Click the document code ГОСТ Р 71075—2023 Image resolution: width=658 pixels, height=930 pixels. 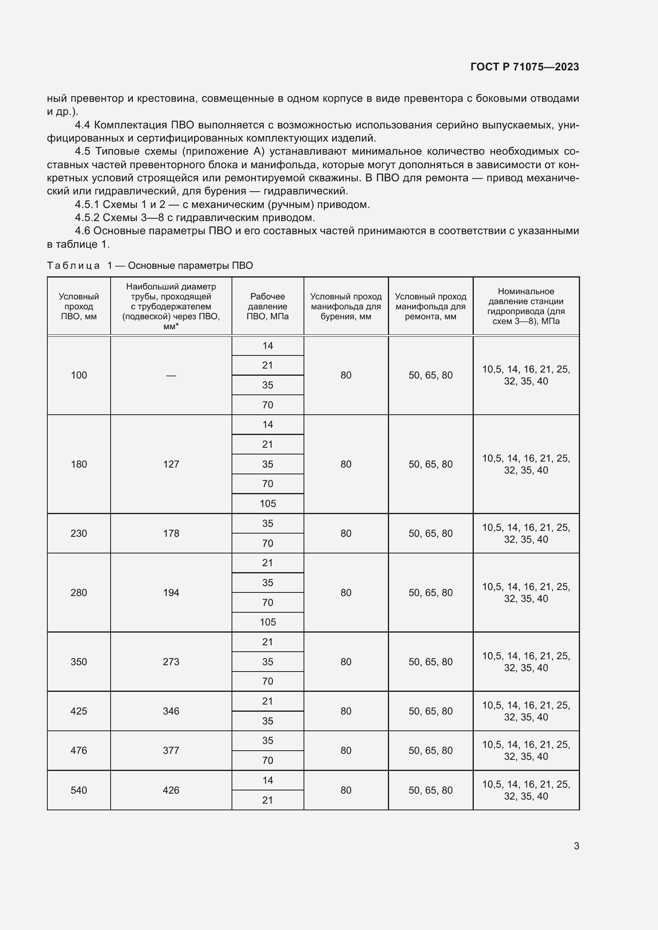[x=524, y=67]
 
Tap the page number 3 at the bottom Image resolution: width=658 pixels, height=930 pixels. [x=576, y=846]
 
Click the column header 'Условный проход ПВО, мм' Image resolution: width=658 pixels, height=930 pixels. [x=79, y=306]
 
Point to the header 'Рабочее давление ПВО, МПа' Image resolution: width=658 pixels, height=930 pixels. [x=267, y=306]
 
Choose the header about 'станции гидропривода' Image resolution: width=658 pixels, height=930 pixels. [x=526, y=306]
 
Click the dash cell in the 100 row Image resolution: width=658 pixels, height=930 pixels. [x=171, y=375]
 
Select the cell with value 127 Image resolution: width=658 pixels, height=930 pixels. [x=171, y=464]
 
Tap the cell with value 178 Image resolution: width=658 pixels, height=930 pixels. [x=171, y=534]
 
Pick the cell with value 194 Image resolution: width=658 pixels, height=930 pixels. [x=171, y=592]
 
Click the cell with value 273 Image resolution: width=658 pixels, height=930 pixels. [x=171, y=662]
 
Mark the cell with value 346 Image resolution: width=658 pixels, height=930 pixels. [x=171, y=711]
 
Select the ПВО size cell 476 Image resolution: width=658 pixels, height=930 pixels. [x=79, y=751]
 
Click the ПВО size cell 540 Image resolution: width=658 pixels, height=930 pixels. [x=79, y=790]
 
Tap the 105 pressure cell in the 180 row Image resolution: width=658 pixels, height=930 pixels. [x=267, y=503]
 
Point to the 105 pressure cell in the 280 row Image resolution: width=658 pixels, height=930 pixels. [x=267, y=622]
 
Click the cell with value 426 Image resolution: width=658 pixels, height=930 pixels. [x=171, y=790]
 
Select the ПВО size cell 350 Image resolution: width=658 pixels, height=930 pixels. [x=79, y=662]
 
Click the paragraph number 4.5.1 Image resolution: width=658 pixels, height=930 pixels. [x=87, y=204]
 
